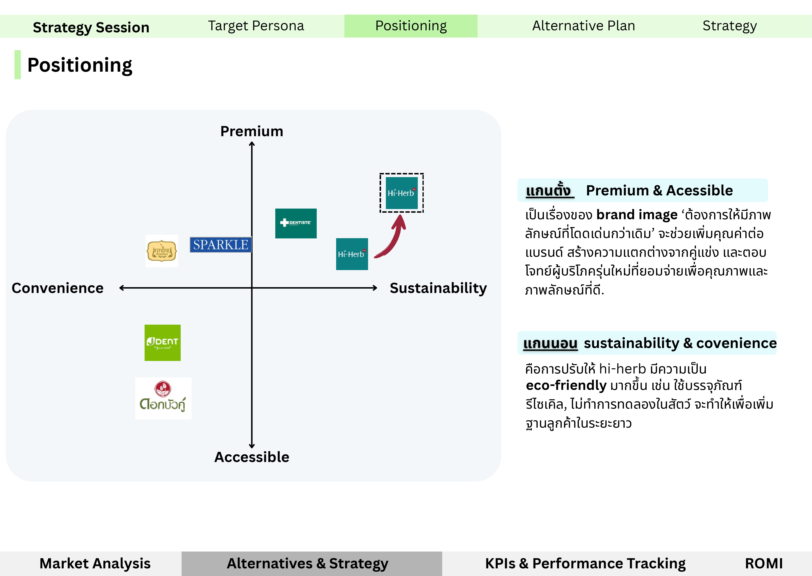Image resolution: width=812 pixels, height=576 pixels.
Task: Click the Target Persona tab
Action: [256, 26]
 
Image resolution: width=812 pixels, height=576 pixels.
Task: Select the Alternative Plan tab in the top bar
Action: [583, 26]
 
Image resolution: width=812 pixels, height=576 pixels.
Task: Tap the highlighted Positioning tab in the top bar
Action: [411, 26]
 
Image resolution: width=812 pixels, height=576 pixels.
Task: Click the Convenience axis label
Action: [57, 288]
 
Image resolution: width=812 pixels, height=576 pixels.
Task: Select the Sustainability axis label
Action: [438, 288]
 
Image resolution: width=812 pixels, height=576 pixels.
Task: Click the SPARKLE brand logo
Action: [221, 245]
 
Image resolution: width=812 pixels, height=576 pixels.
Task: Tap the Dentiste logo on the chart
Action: [296, 223]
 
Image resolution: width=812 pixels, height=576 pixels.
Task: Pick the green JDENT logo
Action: [162, 343]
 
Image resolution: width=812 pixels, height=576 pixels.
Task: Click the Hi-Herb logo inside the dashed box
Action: [402, 193]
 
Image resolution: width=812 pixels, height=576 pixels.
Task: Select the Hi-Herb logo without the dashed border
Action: [352, 254]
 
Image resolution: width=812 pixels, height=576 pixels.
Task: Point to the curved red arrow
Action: [392, 238]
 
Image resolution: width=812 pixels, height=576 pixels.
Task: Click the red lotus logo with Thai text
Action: [163, 398]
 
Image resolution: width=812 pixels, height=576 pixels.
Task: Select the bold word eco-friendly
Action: [566, 385]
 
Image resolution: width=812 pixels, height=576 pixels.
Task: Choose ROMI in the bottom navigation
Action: [764, 563]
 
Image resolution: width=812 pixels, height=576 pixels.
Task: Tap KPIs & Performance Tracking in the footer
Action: [585, 563]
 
